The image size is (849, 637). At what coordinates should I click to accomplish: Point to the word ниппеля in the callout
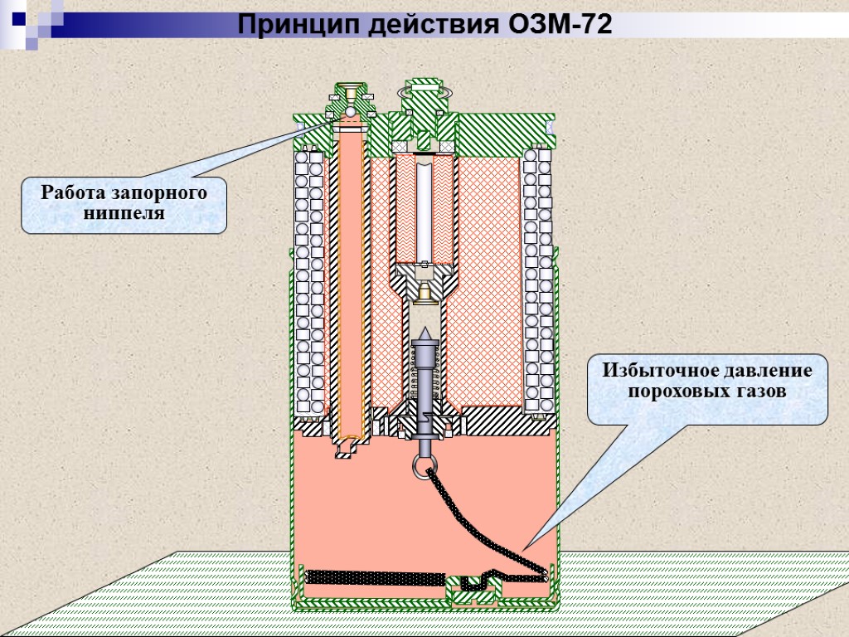coord(124,213)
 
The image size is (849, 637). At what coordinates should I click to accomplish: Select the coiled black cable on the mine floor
coord(373,575)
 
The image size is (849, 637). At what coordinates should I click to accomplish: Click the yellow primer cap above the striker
coord(424,291)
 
